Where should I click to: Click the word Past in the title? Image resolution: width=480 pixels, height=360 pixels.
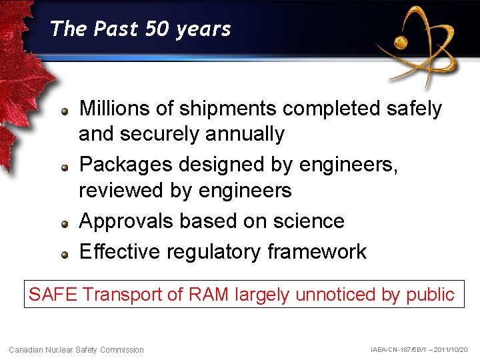115,29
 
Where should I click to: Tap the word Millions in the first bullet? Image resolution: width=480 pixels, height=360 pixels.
119,108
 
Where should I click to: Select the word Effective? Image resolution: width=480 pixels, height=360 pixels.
120,251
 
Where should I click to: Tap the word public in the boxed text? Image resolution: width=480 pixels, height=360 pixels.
432,294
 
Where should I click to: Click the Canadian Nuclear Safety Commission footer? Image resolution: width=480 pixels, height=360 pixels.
76,349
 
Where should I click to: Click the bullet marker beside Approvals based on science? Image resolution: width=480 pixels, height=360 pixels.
65,224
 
